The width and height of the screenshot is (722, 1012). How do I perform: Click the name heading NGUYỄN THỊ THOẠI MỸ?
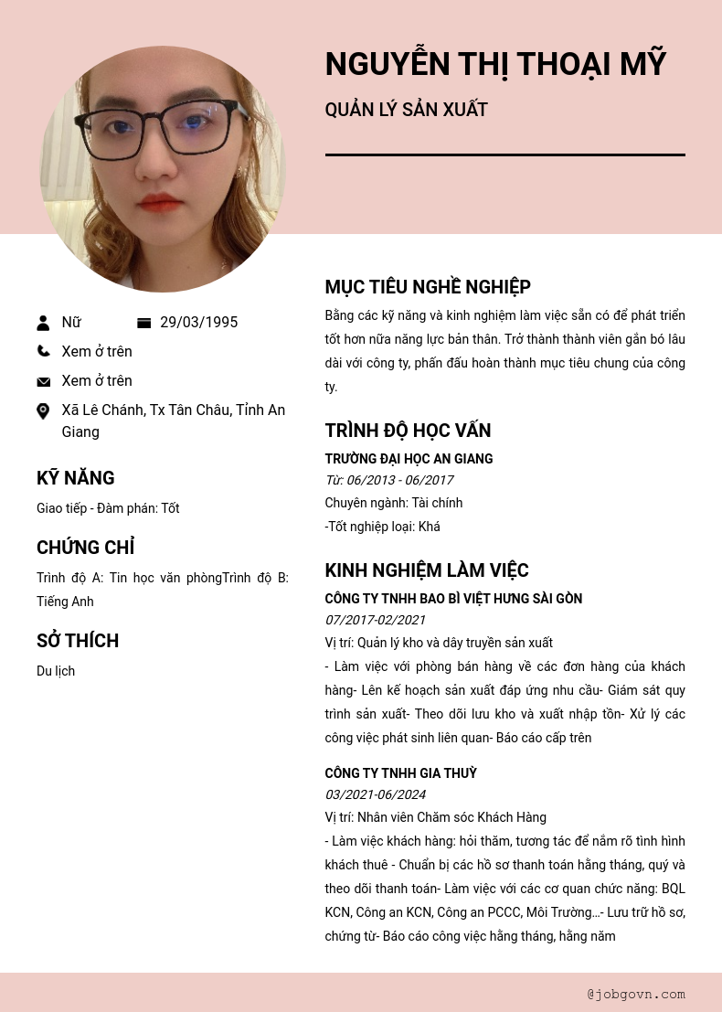(x=495, y=65)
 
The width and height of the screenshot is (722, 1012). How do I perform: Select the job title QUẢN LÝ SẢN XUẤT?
(x=406, y=111)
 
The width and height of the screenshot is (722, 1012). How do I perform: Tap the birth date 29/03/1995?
(x=198, y=323)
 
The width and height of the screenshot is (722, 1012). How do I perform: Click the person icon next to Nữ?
(x=43, y=323)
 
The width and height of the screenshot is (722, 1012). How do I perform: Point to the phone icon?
(x=43, y=351)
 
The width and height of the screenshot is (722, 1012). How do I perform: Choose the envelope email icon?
(x=43, y=381)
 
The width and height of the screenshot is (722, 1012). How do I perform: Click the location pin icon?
(x=43, y=411)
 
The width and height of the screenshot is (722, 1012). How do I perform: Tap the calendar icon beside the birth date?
(x=143, y=323)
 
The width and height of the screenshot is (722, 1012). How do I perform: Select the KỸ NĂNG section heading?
(x=76, y=478)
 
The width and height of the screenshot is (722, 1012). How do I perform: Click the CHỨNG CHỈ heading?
(x=85, y=548)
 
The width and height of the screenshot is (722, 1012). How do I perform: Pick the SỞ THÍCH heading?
(x=78, y=641)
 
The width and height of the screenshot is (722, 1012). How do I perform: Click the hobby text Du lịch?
(x=56, y=671)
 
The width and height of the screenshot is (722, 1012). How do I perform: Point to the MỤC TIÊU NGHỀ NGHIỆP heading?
(x=428, y=287)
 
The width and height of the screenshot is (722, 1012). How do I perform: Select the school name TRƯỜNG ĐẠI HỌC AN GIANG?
(x=409, y=459)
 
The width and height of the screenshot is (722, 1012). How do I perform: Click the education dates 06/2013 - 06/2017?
(x=399, y=480)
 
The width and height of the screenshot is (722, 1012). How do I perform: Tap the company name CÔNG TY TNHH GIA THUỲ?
(x=400, y=773)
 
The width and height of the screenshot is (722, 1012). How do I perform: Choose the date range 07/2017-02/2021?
(x=376, y=620)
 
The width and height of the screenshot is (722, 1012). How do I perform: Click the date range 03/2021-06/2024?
(x=376, y=794)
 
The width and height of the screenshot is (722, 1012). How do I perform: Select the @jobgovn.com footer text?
(x=636, y=994)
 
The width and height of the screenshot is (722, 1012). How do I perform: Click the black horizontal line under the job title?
(x=504, y=155)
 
